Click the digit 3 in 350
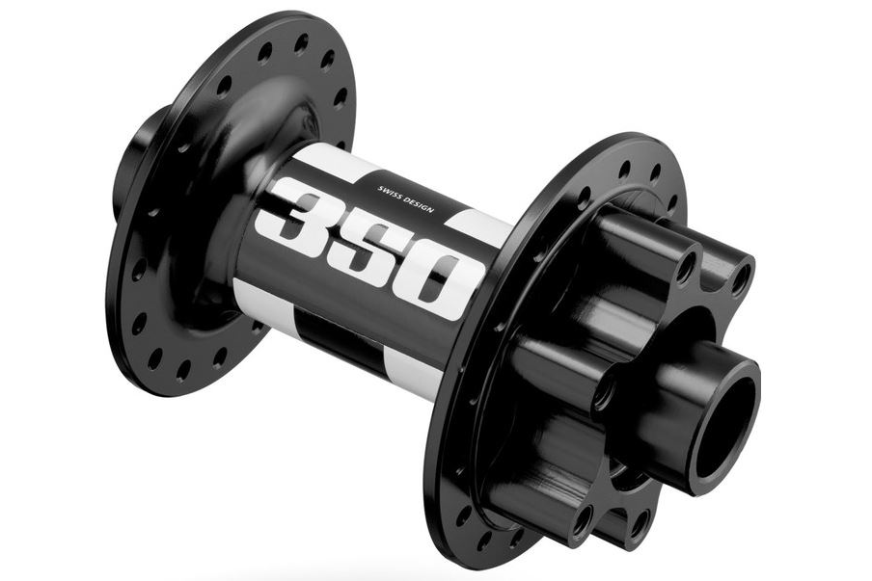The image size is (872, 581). point(300,214)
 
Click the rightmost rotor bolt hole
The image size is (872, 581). point(740,279)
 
